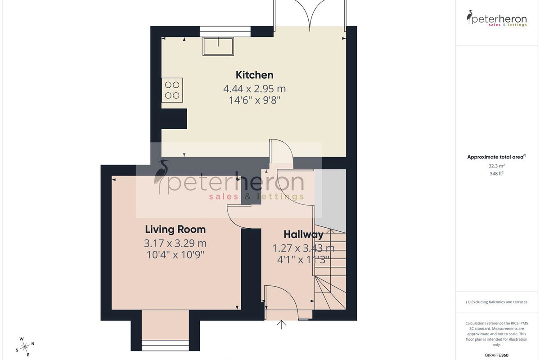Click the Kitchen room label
[255, 75]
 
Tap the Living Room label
[175, 229]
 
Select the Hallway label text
[303, 234]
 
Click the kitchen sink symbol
[218, 46]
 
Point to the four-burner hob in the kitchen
[172, 90]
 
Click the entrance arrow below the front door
[281, 324]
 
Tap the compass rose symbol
[25, 347]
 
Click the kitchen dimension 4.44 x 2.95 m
[255, 89]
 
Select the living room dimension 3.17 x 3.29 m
[175, 243]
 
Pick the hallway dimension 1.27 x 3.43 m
[303, 248]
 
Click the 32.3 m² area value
[497, 166]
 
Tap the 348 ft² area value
[497, 173]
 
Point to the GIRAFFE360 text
[497, 355]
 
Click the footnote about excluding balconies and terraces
[497, 302]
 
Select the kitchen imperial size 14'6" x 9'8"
[255, 100]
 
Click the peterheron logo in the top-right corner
[497, 18]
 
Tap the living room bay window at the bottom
[165, 345]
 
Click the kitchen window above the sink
[225, 31]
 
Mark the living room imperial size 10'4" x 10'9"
[175, 255]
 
